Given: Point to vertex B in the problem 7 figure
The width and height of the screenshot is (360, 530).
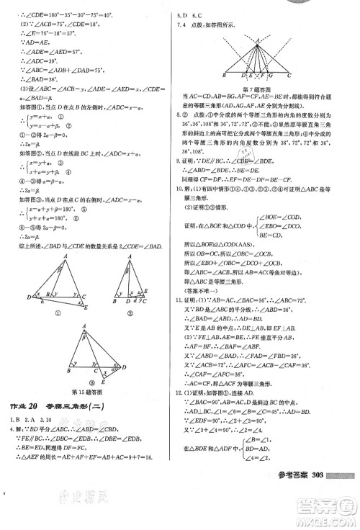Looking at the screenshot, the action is pyautogui.click(x=224, y=74).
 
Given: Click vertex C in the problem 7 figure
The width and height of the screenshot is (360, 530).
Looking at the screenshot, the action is pyautogui.click(x=289, y=74).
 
